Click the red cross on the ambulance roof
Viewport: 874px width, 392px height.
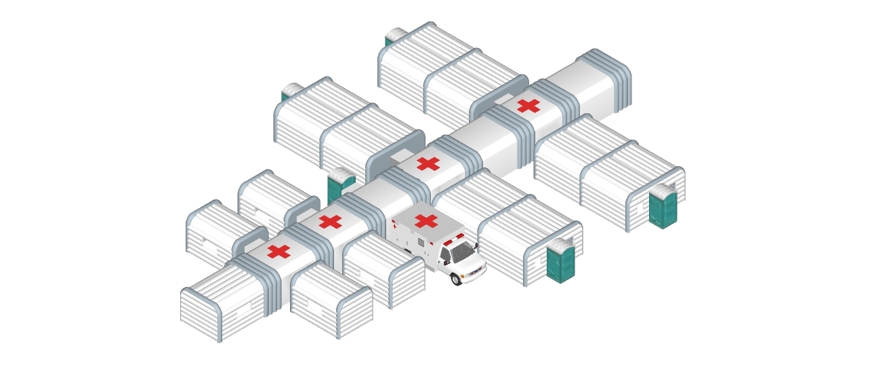point(425,220)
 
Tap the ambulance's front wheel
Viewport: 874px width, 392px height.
point(457,279)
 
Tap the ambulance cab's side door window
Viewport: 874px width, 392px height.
point(445,256)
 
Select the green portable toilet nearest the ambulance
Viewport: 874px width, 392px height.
point(560,262)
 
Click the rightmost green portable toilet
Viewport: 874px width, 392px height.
point(663,206)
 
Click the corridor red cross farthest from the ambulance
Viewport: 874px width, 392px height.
point(528,105)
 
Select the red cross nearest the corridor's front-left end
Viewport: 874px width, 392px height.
point(278,252)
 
